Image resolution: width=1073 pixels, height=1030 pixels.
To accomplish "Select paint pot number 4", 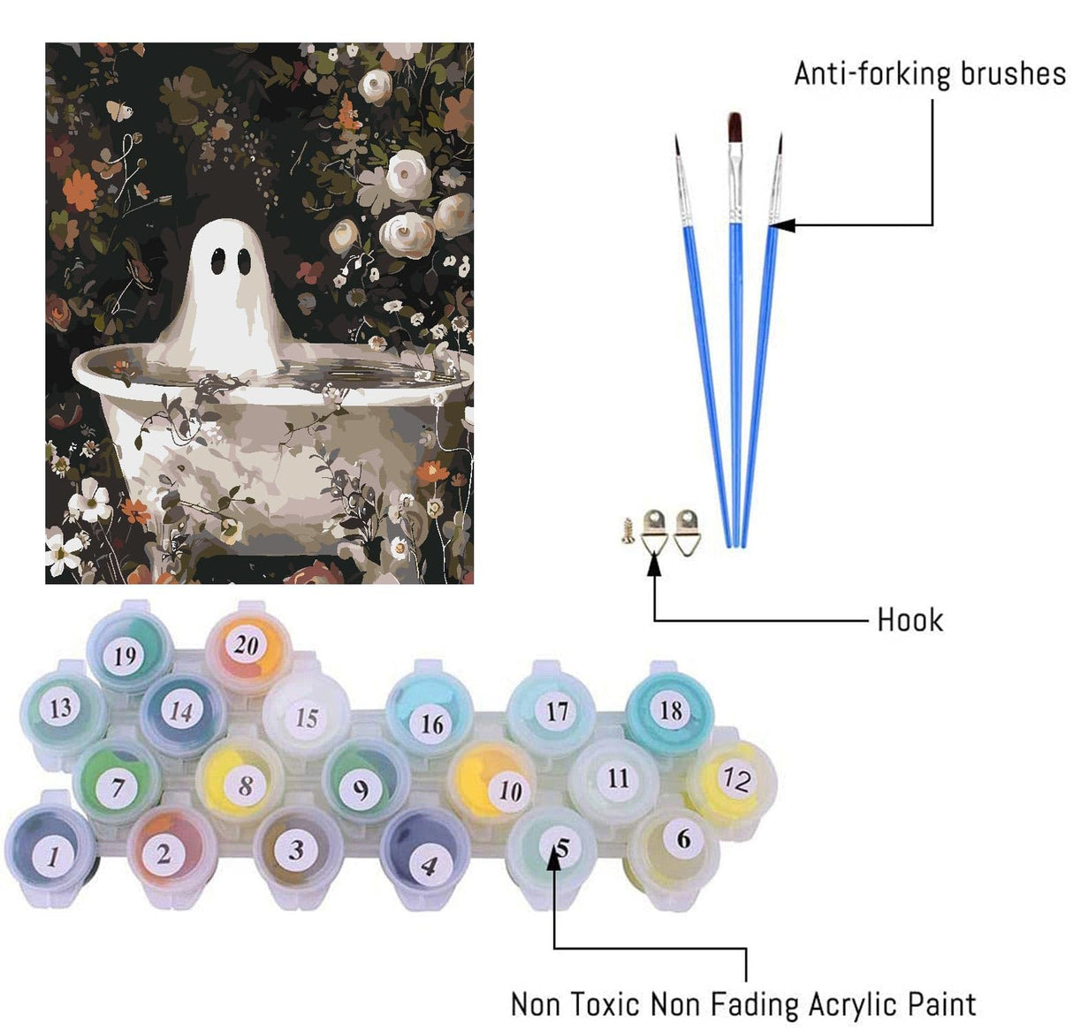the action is coord(423,851).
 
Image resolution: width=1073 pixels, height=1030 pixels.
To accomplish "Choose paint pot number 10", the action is coord(491,783).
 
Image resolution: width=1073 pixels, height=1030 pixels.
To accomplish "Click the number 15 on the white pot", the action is coord(307,717).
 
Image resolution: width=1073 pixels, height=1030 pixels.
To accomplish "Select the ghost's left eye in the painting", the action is coord(217,261).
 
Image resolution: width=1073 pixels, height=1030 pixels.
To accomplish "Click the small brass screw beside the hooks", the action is coord(628,531).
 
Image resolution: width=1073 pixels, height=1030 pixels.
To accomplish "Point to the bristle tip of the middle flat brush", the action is coord(735,126).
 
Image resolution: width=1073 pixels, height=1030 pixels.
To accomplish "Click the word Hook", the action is coord(909,620).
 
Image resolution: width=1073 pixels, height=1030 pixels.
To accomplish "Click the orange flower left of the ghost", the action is coord(80,191).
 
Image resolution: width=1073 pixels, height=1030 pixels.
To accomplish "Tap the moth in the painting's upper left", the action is coord(119,110).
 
